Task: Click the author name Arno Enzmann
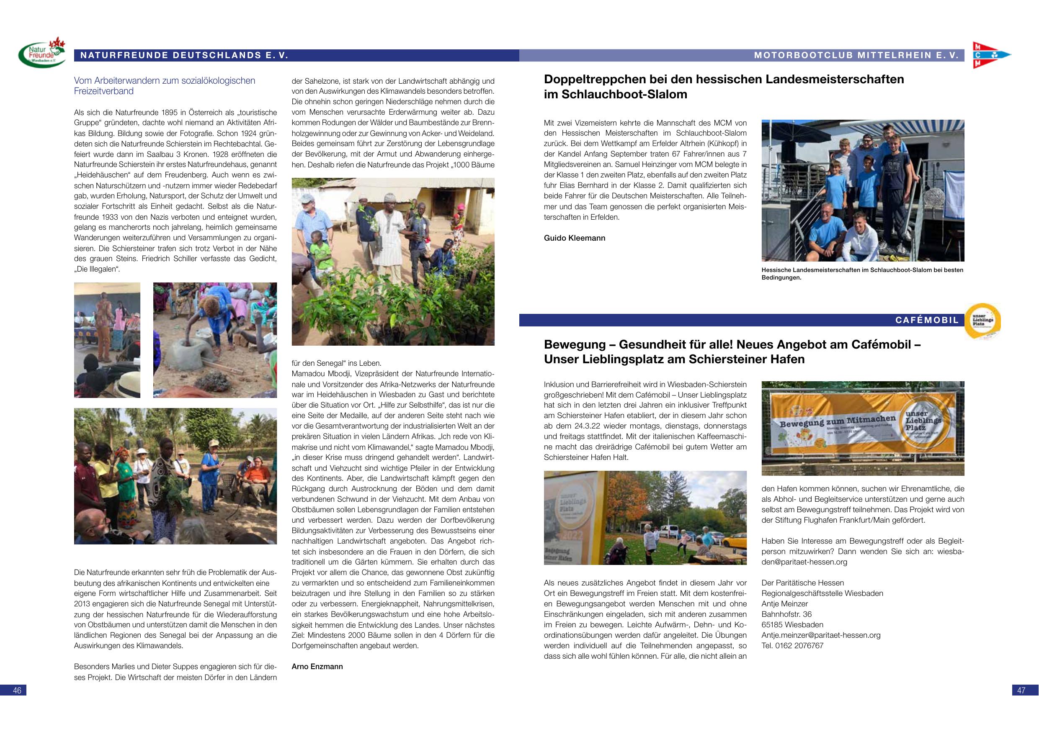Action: [x=317, y=667]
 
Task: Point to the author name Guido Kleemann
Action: [x=574, y=238]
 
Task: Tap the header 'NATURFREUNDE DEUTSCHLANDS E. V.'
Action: [x=184, y=56]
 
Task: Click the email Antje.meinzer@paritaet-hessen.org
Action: [x=821, y=635]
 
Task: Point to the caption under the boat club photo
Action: [x=862, y=274]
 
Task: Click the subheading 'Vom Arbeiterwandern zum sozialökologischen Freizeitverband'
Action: [x=165, y=85]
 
